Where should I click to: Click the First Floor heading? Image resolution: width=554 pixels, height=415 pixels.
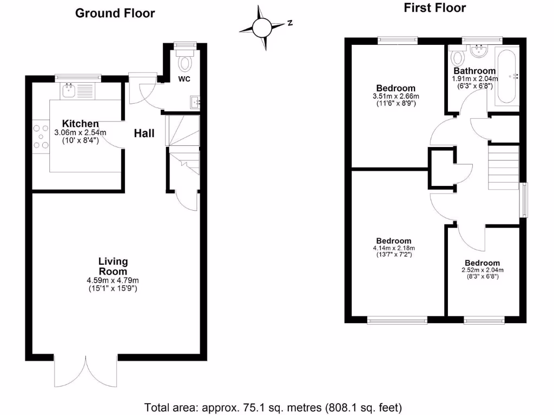434,8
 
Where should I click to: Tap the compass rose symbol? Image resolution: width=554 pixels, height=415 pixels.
263,26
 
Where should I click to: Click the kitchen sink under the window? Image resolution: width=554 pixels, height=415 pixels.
69,91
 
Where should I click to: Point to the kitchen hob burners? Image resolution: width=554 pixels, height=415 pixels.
41,136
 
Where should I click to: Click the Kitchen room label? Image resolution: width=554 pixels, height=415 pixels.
80,124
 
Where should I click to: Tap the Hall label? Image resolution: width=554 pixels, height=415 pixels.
144,133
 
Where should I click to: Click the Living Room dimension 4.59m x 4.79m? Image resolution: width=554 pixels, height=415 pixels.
113,280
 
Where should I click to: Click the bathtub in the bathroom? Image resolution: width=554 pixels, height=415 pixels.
506,76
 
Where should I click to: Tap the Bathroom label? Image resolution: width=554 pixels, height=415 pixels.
474,71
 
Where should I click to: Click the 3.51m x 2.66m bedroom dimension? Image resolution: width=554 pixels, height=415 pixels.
395,96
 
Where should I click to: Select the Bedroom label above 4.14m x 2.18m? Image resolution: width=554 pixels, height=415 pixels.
393,240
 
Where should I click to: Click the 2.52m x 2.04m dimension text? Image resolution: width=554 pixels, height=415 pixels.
482,270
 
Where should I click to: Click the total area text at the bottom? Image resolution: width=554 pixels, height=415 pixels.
273,406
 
